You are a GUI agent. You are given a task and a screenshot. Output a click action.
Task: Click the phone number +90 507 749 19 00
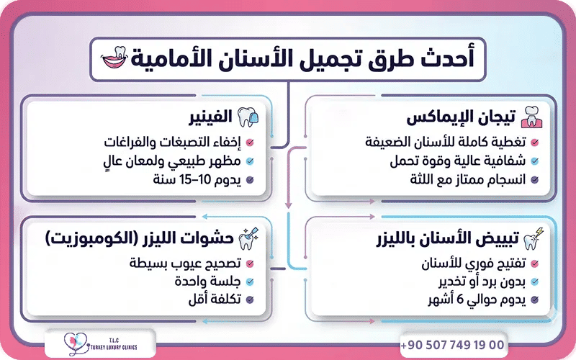(x=452, y=344)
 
